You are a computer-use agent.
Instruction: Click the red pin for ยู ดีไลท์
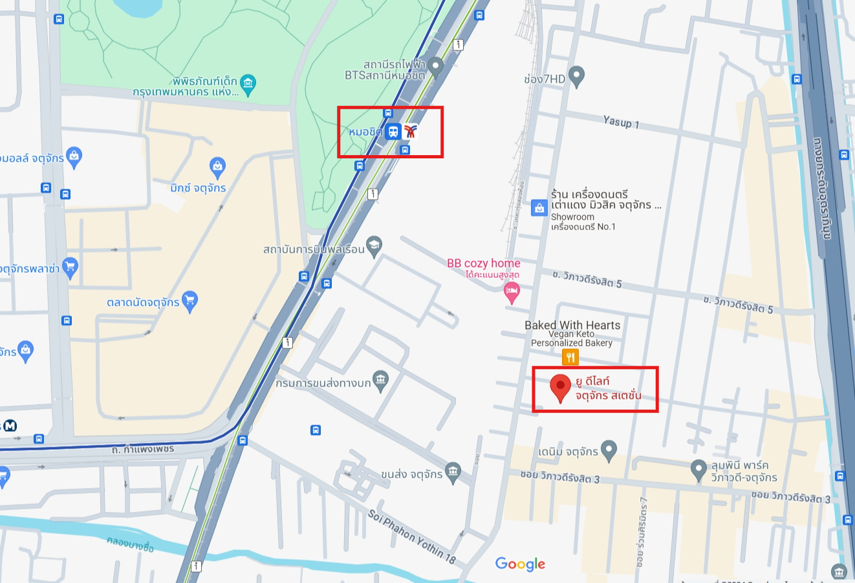click(560, 387)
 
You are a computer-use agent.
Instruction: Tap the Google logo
click(520, 564)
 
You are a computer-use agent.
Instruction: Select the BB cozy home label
click(483, 264)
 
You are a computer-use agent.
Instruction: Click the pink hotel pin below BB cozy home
click(512, 293)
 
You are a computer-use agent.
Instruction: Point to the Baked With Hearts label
click(572, 326)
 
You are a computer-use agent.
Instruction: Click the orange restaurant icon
click(570, 357)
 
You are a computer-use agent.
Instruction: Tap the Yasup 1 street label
click(621, 122)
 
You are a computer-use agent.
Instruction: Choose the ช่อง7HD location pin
click(576, 76)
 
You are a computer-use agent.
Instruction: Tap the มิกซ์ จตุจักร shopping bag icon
click(217, 167)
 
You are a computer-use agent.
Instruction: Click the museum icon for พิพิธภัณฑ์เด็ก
click(248, 83)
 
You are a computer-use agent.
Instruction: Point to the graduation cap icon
click(374, 246)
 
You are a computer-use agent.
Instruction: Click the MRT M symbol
click(10, 425)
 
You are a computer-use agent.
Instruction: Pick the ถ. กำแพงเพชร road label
click(143, 448)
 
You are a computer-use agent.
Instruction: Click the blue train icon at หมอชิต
click(393, 132)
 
